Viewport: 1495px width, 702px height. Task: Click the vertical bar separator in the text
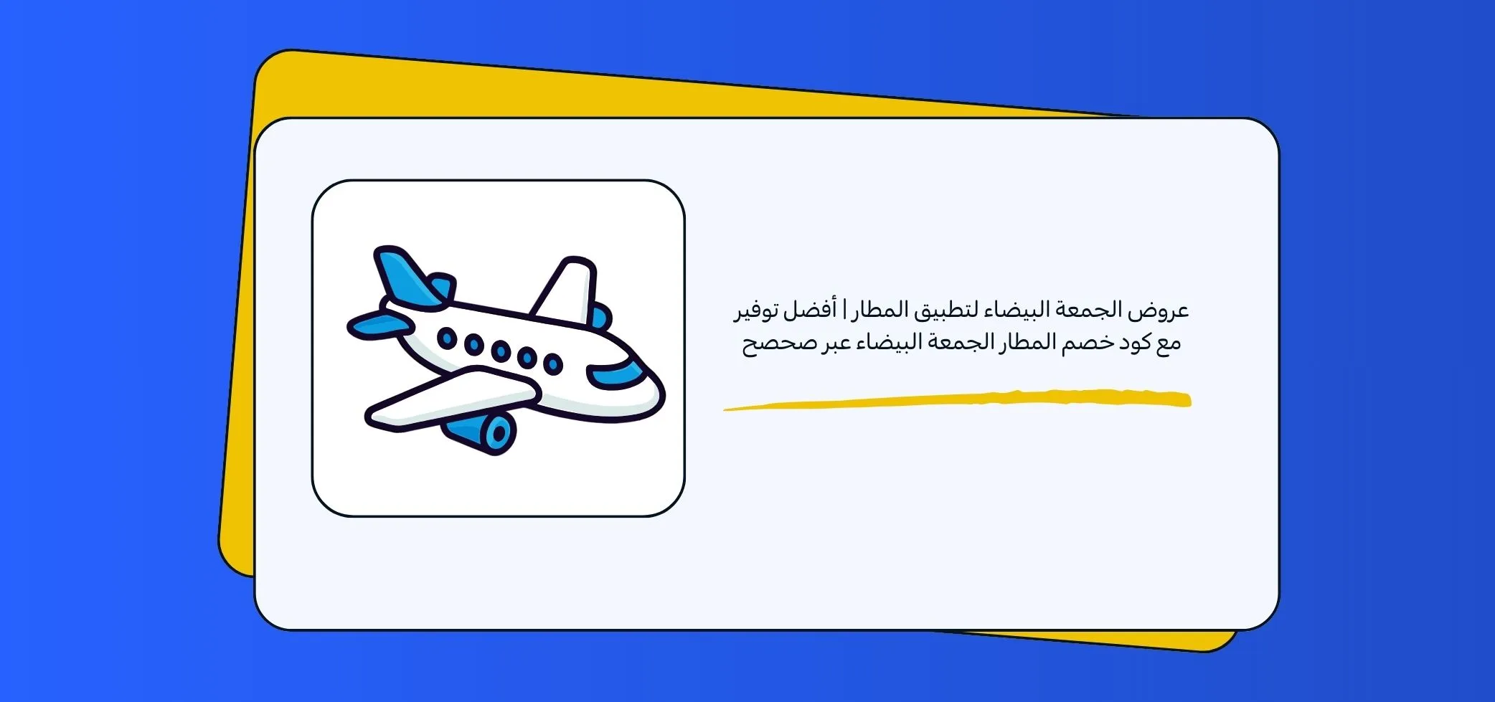coord(844,310)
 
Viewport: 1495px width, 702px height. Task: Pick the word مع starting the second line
coord(1166,343)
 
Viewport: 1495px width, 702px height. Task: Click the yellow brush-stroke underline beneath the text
coord(957,400)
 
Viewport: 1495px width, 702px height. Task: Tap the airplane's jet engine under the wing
coord(482,431)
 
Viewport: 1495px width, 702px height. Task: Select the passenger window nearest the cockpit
coord(552,364)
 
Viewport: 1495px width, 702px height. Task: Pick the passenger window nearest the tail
coord(447,338)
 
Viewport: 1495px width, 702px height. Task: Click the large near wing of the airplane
coord(452,398)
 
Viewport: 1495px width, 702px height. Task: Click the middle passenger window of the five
coord(501,351)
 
